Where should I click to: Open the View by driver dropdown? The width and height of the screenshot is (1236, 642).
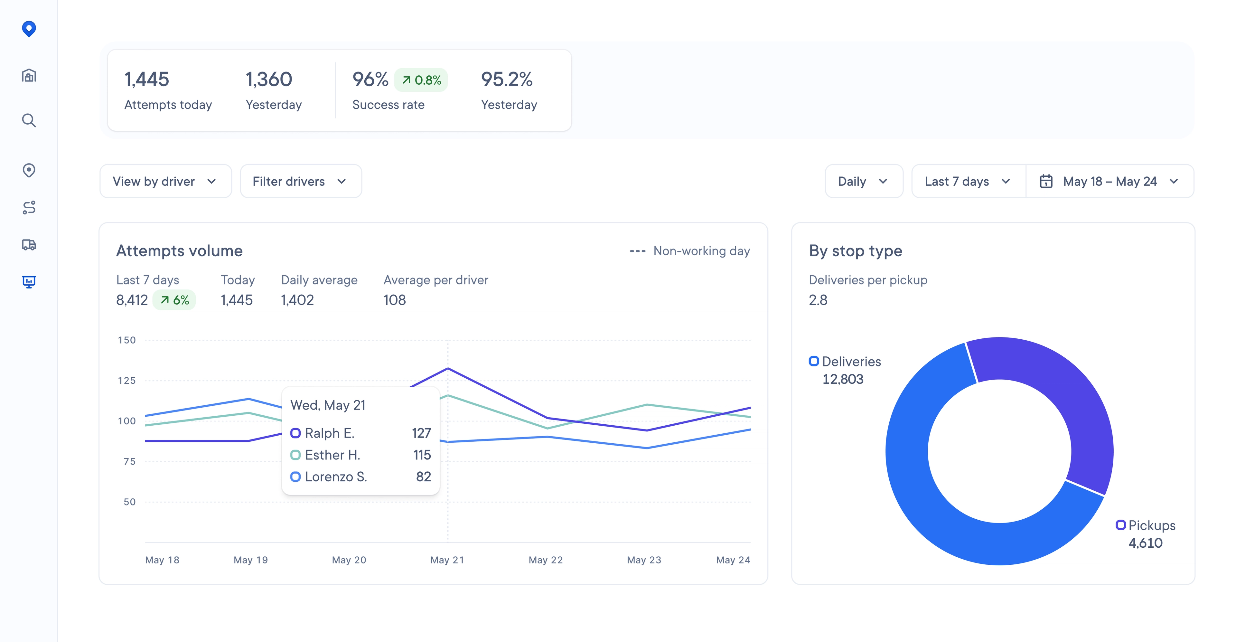165,181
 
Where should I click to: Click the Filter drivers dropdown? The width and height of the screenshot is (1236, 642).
300,181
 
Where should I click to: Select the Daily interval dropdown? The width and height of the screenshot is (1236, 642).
863,181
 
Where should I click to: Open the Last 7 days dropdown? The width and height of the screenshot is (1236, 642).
967,181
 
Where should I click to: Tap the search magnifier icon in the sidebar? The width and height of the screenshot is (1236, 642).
29,120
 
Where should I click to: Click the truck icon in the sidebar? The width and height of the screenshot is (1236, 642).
29,245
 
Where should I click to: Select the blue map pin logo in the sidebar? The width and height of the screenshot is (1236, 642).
29,29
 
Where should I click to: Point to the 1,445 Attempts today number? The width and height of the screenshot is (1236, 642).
146,80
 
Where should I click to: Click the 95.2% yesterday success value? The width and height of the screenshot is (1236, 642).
506,80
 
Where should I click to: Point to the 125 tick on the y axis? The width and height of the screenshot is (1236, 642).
127,381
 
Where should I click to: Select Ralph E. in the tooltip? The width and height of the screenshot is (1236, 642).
329,433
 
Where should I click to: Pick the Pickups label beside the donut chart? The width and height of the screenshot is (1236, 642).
1151,525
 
